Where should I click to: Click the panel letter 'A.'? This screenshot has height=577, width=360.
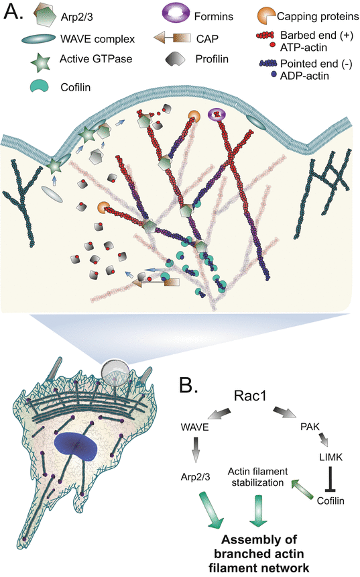tap(16, 13)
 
